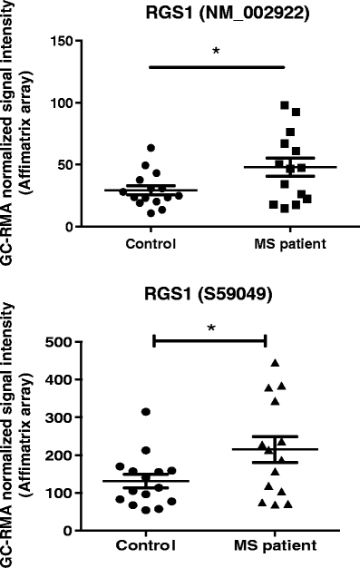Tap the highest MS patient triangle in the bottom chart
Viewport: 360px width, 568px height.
click(275, 364)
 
